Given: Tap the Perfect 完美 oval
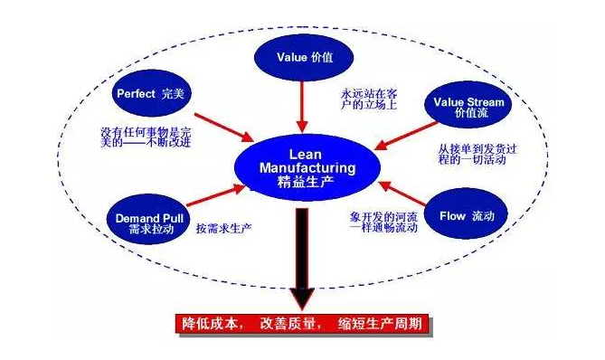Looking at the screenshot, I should point(150,94).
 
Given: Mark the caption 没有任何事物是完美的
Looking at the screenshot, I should point(146,137).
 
